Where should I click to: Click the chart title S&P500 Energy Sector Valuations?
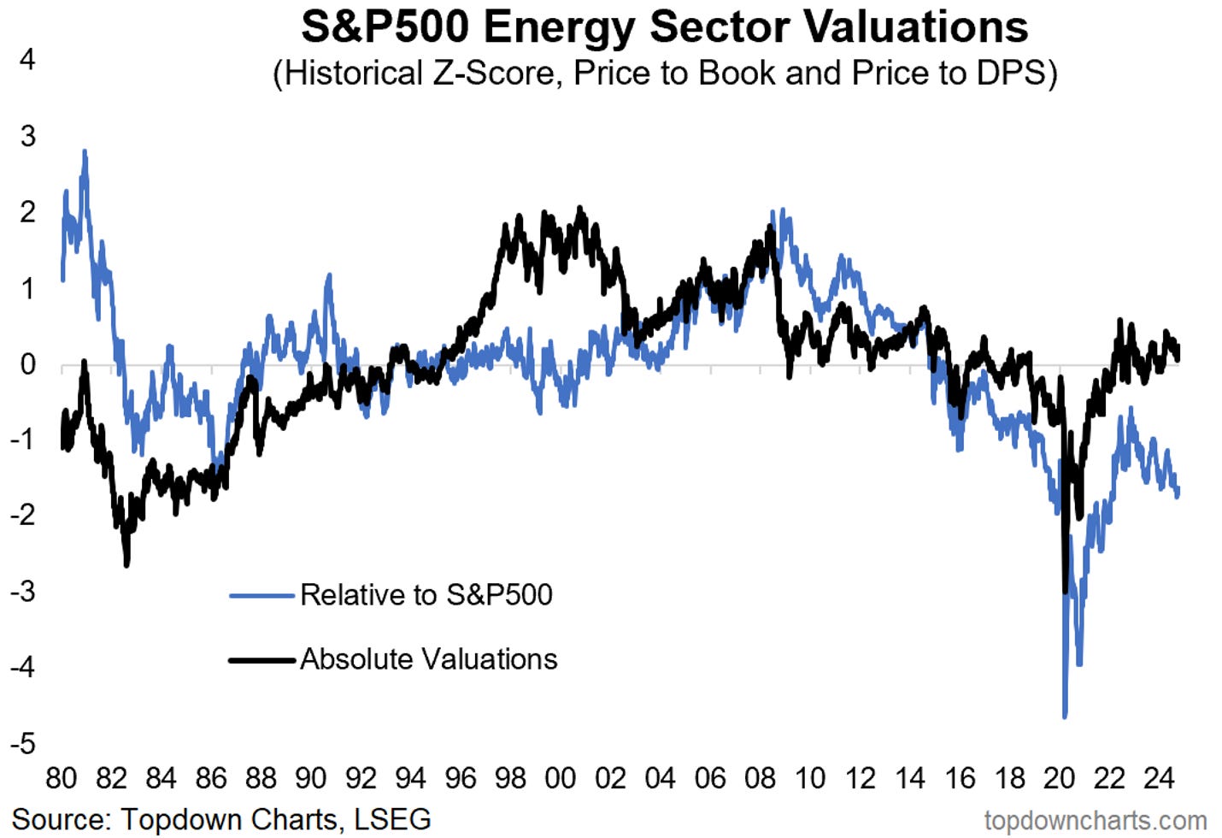[x=664, y=27]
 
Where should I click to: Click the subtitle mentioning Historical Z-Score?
[x=664, y=74]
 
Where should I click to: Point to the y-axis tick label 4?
[x=28, y=60]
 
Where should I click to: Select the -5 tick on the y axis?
[x=23, y=743]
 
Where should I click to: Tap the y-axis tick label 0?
[x=28, y=365]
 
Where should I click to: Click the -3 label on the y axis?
[x=23, y=591]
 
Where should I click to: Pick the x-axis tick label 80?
[x=61, y=778]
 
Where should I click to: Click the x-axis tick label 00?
[x=560, y=778]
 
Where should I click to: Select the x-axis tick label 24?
[x=1159, y=778]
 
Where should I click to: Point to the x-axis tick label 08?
[x=760, y=778]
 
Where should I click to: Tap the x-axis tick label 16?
[x=960, y=778]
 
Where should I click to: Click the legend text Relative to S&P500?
[x=426, y=594]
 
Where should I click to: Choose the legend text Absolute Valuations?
[x=428, y=659]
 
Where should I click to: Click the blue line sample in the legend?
[x=261, y=595]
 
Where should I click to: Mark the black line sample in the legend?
[x=261, y=660]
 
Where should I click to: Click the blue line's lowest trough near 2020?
[x=1065, y=716]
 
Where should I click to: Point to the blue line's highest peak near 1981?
[x=85, y=152]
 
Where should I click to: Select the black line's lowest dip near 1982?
[x=127, y=564]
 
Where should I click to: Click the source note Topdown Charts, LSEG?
[x=221, y=818]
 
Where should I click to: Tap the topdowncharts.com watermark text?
[x=1095, y=821]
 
